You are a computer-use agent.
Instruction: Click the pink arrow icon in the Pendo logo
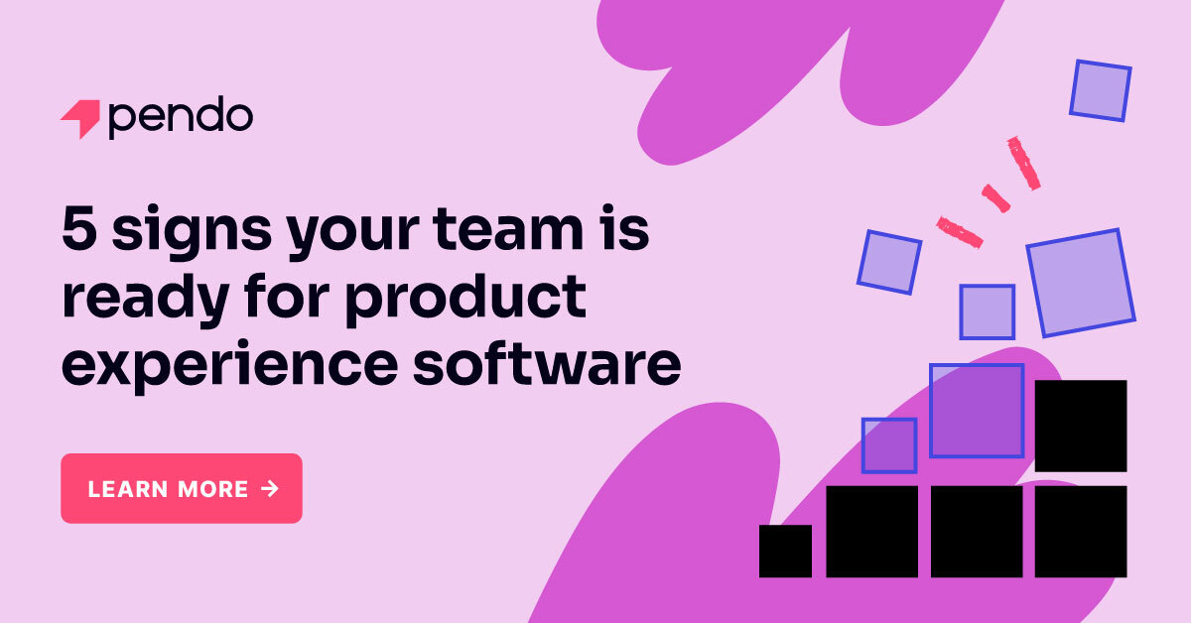tap(79, 119)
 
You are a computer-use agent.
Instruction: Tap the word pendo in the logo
tap(180, 119)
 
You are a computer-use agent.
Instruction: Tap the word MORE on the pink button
tap(213, 489)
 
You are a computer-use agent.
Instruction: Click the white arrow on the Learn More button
tap(270, 488)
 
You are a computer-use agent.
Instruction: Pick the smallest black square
tap(785, 551)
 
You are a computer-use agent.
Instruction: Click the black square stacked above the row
tap(1081, 426)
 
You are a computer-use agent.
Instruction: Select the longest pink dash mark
tap(1023, 164)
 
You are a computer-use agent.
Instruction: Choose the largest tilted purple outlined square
tap(1081, 283)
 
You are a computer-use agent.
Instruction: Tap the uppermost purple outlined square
tap(1101, 90)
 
